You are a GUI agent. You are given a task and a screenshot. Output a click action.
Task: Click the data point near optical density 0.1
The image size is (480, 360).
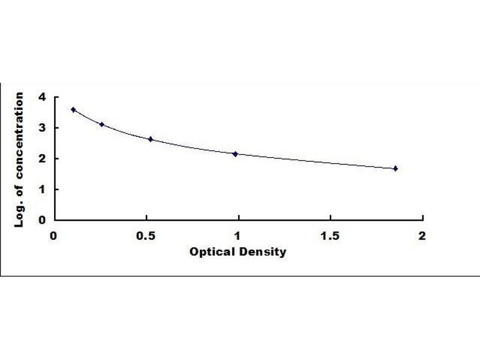73,110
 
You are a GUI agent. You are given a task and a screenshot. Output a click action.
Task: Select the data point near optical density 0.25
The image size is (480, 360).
101,125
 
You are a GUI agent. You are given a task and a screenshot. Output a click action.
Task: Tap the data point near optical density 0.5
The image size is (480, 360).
151,139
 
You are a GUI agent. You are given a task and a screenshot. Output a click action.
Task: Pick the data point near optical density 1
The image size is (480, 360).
235,154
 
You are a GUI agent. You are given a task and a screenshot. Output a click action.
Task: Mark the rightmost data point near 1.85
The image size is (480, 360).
395,169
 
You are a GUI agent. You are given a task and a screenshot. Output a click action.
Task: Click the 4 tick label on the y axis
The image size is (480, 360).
41,97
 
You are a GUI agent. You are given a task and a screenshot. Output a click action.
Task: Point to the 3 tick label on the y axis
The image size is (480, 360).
41,128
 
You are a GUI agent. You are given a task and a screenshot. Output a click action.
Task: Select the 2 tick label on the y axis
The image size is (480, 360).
41,158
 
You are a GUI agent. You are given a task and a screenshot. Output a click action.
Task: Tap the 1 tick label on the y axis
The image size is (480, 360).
41,190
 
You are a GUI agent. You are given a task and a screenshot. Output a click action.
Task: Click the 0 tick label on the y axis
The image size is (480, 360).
41,220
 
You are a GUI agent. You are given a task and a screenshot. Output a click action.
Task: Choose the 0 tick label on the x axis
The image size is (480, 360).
54,236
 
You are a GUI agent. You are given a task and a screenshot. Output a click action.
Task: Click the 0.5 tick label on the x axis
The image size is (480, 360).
146,236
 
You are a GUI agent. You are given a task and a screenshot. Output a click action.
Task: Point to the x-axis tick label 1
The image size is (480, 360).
238,236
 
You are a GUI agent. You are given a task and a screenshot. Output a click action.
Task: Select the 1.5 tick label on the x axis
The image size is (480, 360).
330,236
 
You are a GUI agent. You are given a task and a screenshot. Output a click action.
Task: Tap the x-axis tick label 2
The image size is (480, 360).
422,236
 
